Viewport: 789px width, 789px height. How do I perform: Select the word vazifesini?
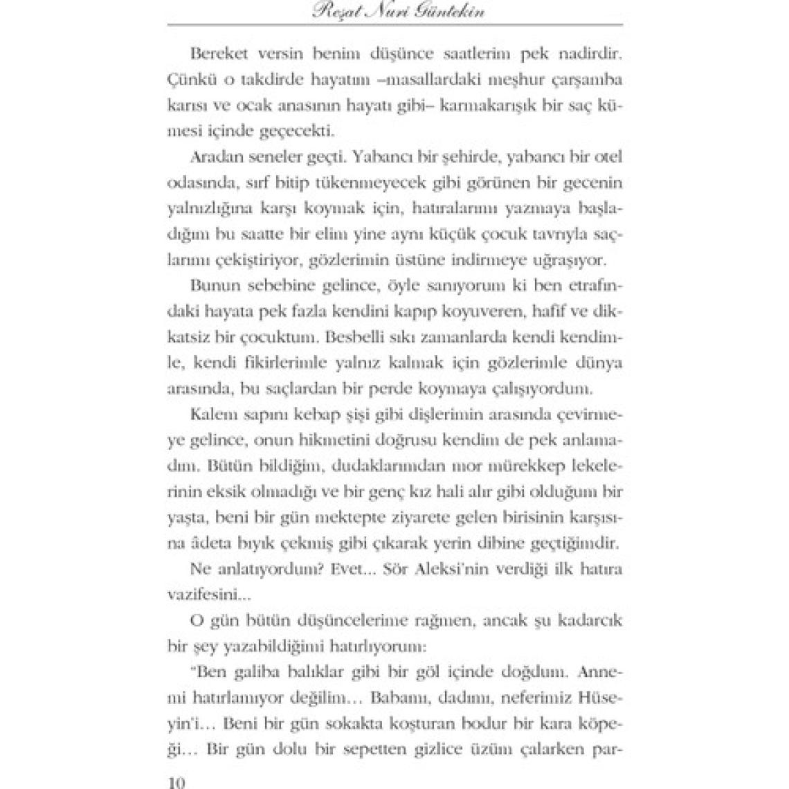coord(206,594)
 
